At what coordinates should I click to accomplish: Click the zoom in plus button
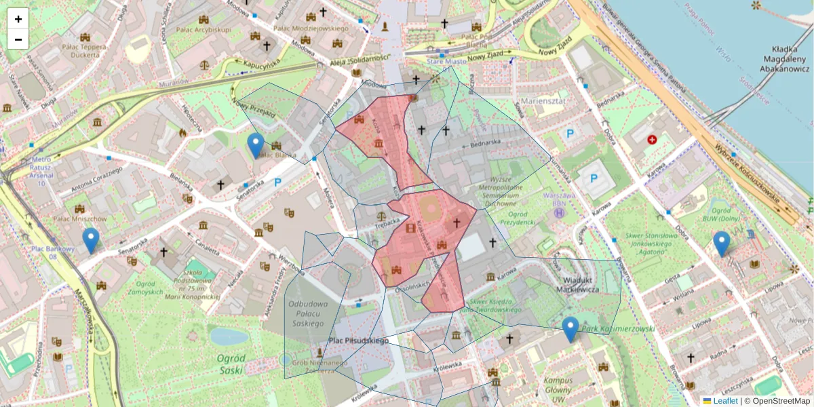click(18, 19)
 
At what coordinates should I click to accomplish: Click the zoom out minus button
click(18, 39)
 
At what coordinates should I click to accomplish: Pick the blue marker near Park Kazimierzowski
click(570, 329)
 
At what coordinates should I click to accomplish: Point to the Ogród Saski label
click(231, 364)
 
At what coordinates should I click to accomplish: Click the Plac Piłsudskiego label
click(359, 341)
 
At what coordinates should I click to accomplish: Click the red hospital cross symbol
click(653, 139)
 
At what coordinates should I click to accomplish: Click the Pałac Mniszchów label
click(80, 219)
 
